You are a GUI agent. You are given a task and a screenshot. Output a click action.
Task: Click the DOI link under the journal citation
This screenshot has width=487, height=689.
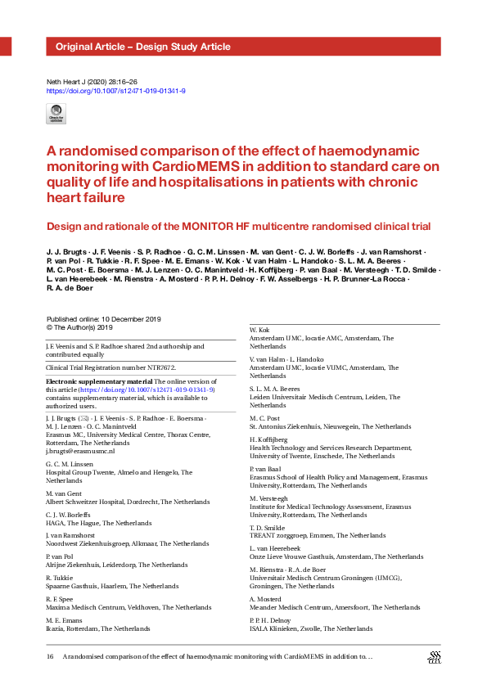[115, 91]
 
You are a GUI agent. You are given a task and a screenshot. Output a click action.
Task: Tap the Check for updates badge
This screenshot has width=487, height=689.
[56, 114]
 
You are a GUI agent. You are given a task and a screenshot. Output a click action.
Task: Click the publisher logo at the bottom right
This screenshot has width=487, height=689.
[435, 658]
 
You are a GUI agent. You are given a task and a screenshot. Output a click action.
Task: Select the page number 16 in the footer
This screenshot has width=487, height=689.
[51, 656]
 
